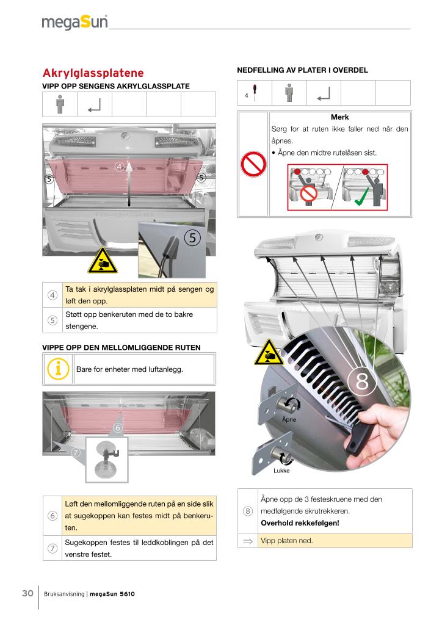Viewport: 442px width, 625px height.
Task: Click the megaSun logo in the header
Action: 74,23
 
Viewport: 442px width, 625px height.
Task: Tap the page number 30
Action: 27,593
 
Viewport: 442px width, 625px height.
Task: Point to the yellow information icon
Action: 58,369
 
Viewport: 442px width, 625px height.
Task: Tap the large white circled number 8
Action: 361,381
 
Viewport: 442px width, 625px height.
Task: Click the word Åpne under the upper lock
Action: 289,420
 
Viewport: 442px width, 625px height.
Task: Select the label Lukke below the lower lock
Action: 281,471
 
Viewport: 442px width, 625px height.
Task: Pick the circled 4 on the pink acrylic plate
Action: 120,165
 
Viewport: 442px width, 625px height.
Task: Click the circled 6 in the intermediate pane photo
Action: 118,428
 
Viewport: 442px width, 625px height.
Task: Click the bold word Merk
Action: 339,117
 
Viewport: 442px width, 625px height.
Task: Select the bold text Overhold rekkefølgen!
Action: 299,523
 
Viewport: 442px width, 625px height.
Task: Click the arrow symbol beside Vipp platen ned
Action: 248,540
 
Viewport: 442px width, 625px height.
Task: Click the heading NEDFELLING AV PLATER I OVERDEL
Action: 302,70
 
